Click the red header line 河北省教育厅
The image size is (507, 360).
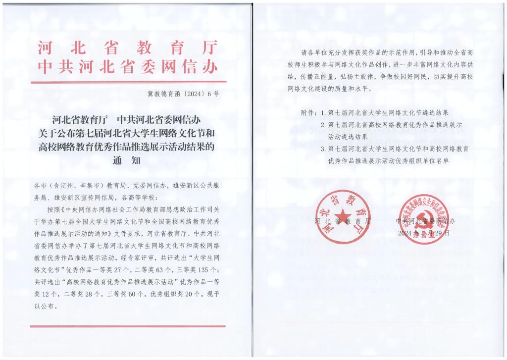pos(128,48)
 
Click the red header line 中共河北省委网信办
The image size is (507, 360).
pos(128,67)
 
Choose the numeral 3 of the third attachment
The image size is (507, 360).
pos(323,149)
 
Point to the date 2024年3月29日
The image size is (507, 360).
pos(424,232)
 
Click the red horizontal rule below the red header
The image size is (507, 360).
pos(128,82)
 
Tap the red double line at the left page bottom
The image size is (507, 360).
pos(128,326)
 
